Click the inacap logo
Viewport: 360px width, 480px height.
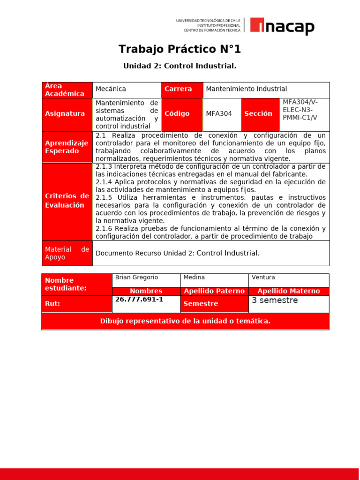click(282, 26)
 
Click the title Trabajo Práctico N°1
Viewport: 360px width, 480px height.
click(180, 49)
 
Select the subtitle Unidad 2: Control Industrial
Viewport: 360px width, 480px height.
click(180, 66)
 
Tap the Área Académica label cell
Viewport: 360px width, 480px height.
click(67, 90)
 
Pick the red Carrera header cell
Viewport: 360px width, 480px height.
click(182, 89)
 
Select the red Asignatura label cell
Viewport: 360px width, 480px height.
click(67, 114)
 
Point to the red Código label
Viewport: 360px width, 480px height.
click(182, 114)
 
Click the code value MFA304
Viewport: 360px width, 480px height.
click(219, 114)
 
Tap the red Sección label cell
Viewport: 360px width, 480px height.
click(260, 114)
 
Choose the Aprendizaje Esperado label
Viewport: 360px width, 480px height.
click(67, 147)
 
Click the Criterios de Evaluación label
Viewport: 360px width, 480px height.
click(67, 201)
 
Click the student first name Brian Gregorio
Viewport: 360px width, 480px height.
click(133, 277)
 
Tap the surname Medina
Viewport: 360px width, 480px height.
click(194, 277)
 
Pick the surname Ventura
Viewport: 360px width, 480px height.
click(263, 277)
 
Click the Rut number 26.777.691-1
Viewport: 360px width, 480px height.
click(139, 299)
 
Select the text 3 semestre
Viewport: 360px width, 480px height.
click(275, 300)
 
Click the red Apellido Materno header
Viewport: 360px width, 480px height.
click(289, 291)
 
